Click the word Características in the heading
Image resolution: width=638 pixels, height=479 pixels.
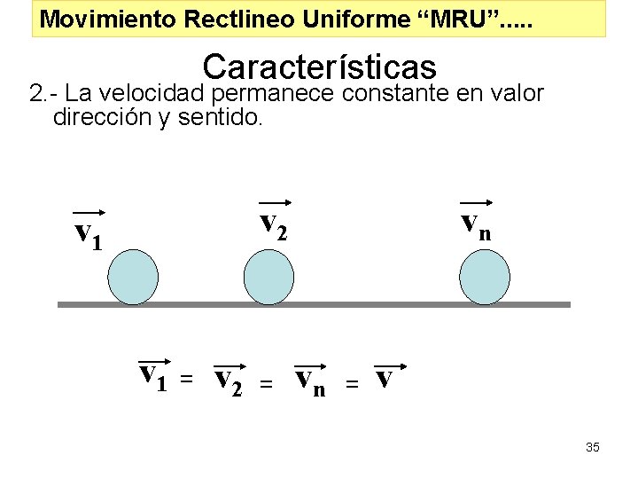point(320,67)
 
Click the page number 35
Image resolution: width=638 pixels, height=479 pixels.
point(593,447)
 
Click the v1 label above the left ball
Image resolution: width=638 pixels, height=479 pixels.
point(89,232)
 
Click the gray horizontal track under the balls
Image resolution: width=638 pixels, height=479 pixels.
point(315,304)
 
